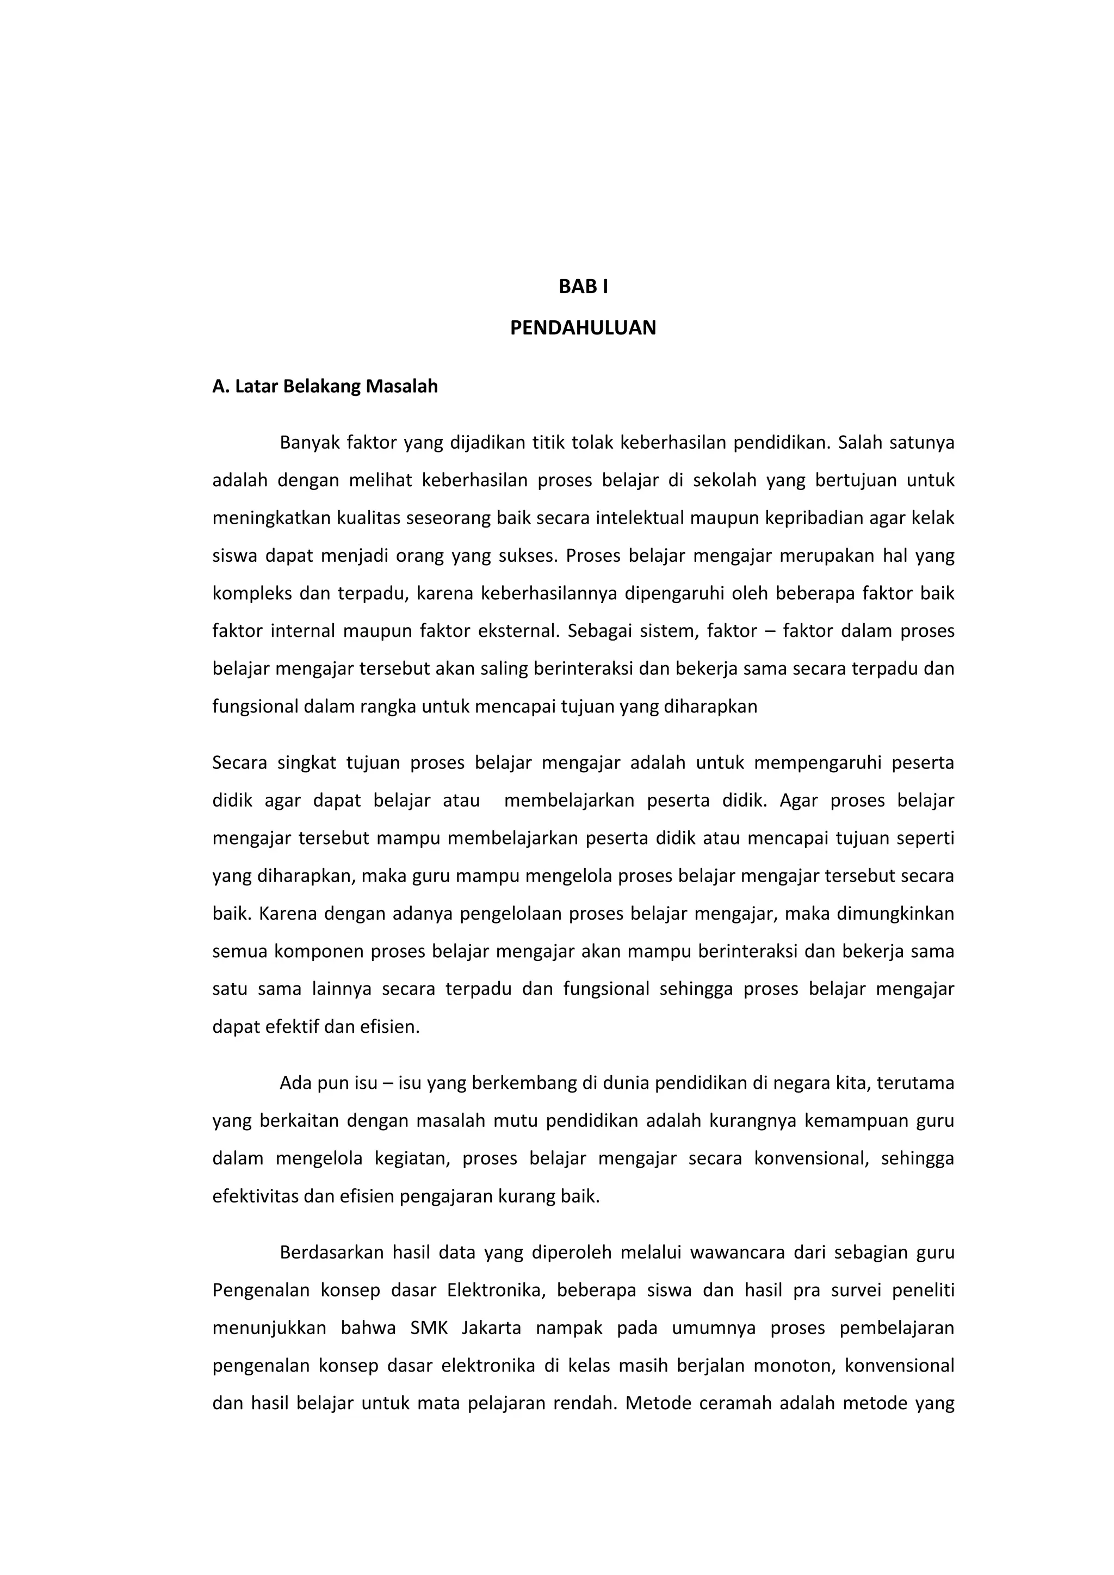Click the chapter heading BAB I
pyautogui.click(x=583, y=287)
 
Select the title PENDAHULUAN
pyautogui.click(x=583, y=328)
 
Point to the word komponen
pyautogui.click(x=318, y=951)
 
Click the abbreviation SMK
pyautogui.click(x=429, y=1328)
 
